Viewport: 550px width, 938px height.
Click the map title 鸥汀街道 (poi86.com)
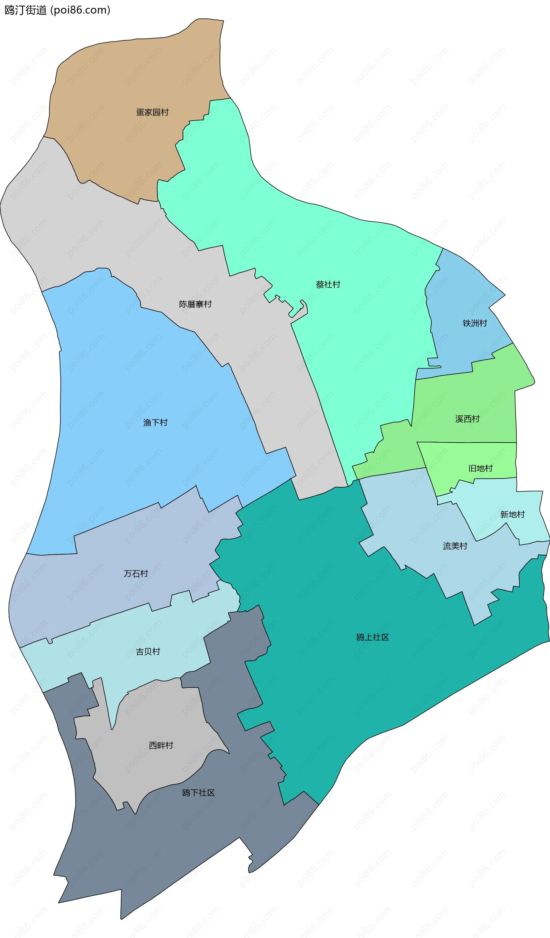pos(57,10)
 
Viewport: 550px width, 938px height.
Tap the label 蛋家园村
pos(152,112)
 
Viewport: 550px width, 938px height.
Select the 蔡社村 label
pos(328,285)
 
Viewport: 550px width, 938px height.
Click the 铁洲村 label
pos(475,323)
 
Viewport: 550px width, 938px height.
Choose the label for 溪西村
pos(467,419)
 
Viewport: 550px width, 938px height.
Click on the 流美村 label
pos(455,546)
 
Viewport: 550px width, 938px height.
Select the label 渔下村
pos(155,423)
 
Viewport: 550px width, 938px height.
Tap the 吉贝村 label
pos(148,652)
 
